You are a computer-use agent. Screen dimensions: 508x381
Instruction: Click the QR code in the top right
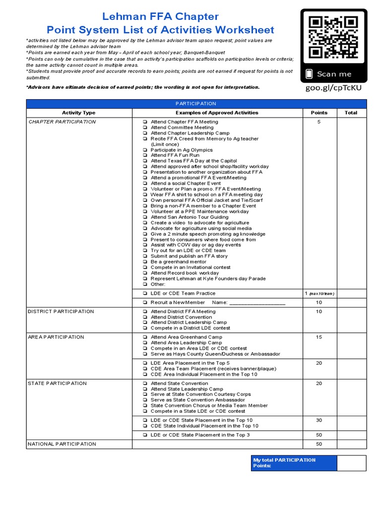pos(333,37)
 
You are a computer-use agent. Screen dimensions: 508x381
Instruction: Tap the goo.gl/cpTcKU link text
pos(333,88)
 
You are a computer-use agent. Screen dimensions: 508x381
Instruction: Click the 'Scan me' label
pos(334,74)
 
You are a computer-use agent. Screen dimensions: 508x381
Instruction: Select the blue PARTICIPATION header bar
pos(196,104)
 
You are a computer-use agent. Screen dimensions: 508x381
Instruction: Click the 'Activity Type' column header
pos(78,113)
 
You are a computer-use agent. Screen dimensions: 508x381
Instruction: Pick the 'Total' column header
pos(351,113)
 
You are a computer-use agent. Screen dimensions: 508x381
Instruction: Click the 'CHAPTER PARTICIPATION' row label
pos(62,122)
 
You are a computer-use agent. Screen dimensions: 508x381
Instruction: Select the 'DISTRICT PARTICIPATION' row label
pos(61,312)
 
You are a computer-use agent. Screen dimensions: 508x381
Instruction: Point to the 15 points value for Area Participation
pos(319,337)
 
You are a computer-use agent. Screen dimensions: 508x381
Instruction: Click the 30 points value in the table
pos(319,421)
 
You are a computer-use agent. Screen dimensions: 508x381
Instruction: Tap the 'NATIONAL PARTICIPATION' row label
pos(62,444)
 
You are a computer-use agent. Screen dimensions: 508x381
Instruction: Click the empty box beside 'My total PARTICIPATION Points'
pos(351,463)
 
